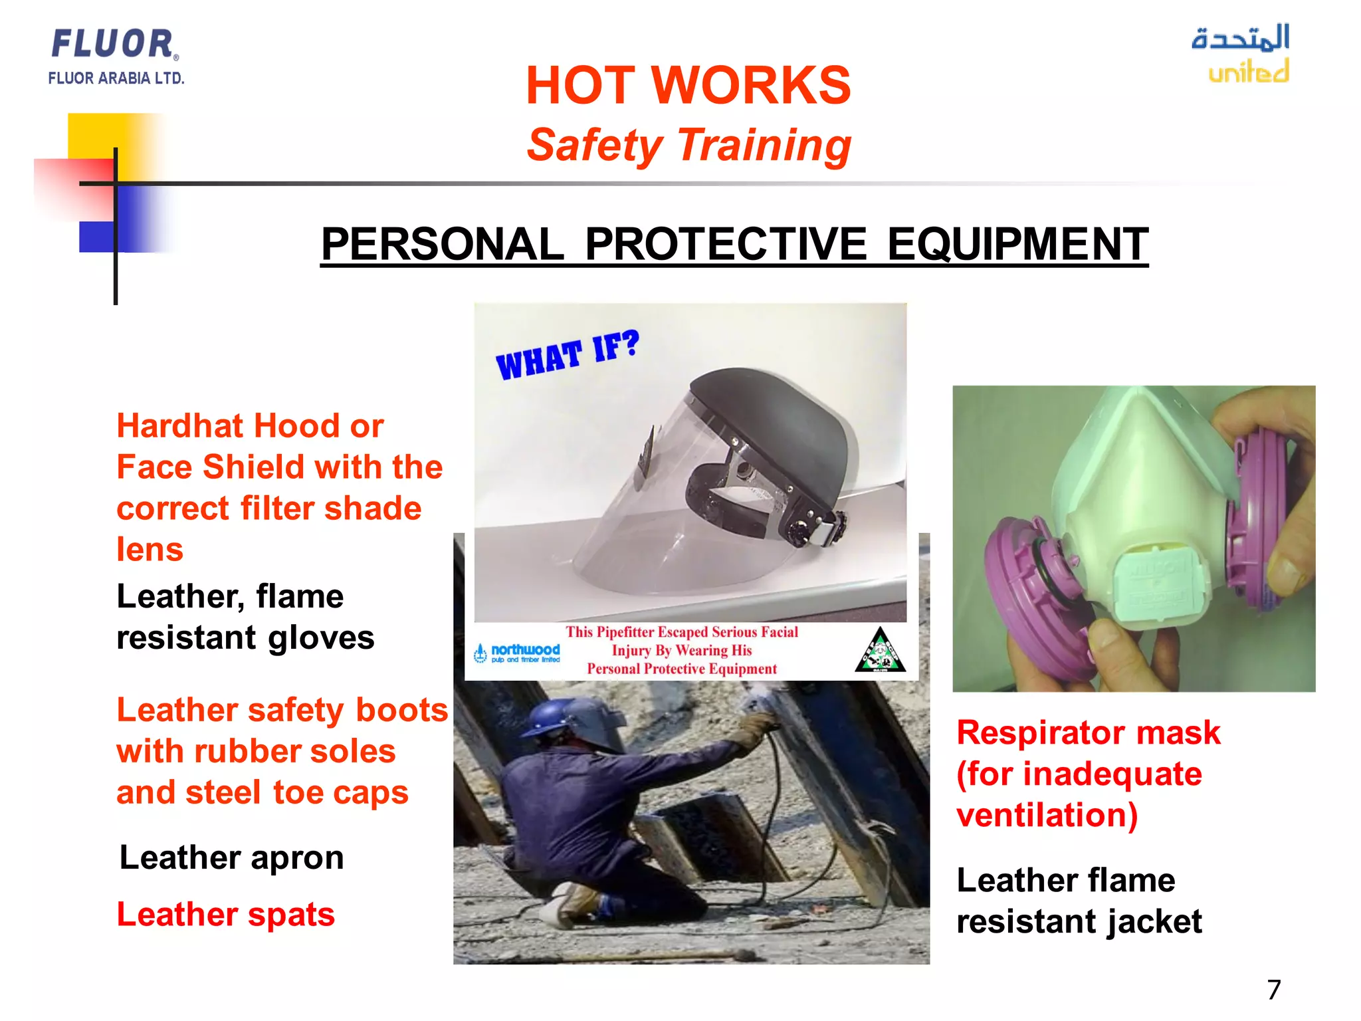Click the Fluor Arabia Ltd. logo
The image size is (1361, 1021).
[115, 57]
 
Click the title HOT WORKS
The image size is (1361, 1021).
[688, 86]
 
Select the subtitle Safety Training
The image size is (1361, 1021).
[688, 145]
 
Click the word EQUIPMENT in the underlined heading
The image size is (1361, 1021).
[1017, 244]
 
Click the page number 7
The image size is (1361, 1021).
[1273, 990]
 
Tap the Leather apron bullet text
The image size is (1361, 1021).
[231, 857]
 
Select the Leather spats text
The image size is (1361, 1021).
[225, 915]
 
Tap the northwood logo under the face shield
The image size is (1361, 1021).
[518, 652]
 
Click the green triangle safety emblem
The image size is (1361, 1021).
[880, 651]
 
